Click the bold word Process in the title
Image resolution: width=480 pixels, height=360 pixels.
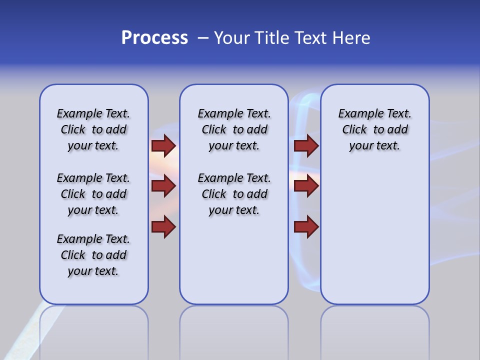click(x=154, y=38)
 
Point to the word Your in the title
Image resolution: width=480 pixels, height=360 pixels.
click(x=233, y=38)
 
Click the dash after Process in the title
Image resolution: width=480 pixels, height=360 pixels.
click(x=203, y=38)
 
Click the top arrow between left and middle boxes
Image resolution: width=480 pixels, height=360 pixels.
click(x=163, y=145)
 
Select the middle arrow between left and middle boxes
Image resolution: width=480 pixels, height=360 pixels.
click(x=163, y=186)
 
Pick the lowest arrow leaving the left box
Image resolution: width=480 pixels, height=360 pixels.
click(x=163, y=226)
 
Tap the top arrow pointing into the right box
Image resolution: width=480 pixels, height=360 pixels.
click(x=306, y=145)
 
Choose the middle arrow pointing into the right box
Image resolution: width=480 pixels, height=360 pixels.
click(x=306, y=186)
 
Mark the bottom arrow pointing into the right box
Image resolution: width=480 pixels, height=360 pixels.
click(x=306, y=226)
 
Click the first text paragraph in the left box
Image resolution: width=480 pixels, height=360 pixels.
click(x=93, y=129)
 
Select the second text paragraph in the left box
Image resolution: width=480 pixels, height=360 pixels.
click(x=93, y=194)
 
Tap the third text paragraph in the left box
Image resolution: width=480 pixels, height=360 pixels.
click(x=93, y=255)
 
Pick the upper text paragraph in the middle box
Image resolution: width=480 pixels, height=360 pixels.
click(x=234, y=129)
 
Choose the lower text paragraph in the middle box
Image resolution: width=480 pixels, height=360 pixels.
click(x=234, y=194)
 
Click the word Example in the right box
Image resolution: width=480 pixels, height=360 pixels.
click(x=356, y=114)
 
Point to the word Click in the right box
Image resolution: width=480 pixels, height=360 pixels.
click(x=354, y=130)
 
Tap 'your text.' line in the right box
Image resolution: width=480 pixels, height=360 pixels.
click(x=374, y=146)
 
